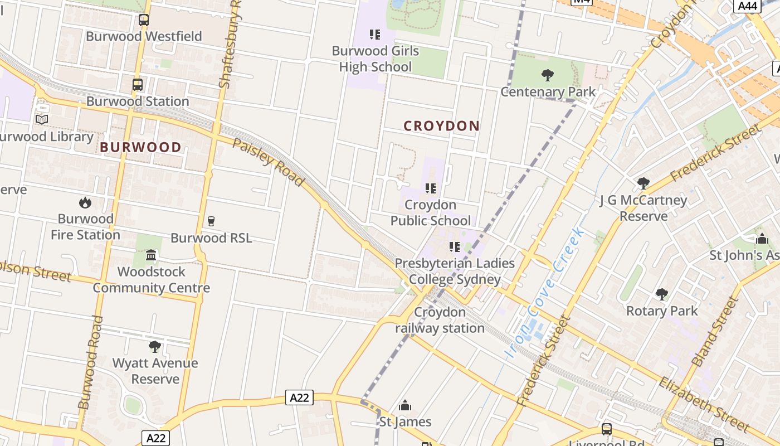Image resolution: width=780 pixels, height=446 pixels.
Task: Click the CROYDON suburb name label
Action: pyautogui.click(x=441, y=126)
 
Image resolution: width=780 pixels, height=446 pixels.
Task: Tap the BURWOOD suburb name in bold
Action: pyautogui.click(x=140, y=147)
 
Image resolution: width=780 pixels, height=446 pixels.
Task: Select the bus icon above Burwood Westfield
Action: pyautogui.click(x=144, y=20)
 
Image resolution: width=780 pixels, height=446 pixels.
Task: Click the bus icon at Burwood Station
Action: pyautogui.click(x=138, y=85)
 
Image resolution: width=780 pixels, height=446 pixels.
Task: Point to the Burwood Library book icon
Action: pyautogui.click(x=42, y=119)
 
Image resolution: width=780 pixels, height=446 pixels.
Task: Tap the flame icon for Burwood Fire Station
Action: pyautogui.click(x=85, y=202)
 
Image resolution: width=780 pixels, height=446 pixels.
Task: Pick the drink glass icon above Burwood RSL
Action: pyautogui.click(x=211, y=221)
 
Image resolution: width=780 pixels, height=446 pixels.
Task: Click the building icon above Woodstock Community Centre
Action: pyautogui.click(x=151, y=255)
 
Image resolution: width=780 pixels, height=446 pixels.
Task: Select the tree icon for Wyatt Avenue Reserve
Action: pyautogui.click(x=155, y=347)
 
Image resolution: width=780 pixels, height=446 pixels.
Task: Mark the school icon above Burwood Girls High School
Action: pyautogui.click(x=375, y=35)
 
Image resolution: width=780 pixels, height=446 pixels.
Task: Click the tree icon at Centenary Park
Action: pyautogui.click(x=548, y=75)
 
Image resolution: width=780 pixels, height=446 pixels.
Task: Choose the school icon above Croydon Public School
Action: pyautogui.click(x=431, y=188)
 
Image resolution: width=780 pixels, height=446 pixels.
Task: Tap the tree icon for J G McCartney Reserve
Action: pyautogui.click(x=643, y=183)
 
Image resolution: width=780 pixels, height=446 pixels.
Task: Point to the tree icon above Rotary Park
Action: pyautogui.click(x=662, y=294)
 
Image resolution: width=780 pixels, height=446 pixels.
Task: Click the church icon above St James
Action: pyautogui.click(x=405, y=405)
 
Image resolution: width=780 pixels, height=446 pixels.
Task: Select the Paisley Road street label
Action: pyautogui.click(x=269, y=162)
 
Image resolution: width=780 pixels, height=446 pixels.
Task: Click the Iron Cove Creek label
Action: pyautogui.click(x=544, y=293)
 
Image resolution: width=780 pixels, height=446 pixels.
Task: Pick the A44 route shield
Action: pyautogui.click(x=747, y=6)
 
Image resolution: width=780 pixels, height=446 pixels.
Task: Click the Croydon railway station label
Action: pyautogui.click(x=440, y=320)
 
